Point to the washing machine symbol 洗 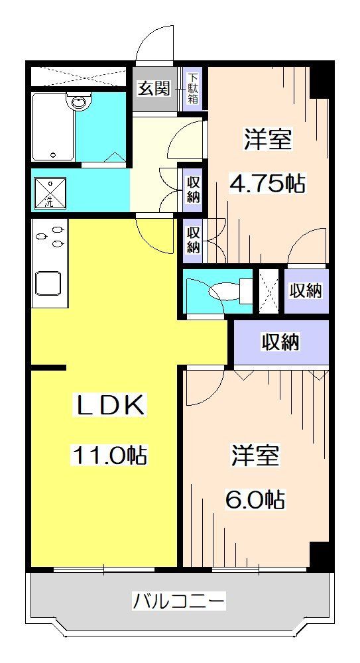coord(48,191)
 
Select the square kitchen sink coord(48,284)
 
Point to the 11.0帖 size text coord(110,455)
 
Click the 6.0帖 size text coord(256,499)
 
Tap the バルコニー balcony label coord(179,602)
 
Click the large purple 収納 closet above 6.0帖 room coord(280,342)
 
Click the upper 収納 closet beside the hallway coord(193,188)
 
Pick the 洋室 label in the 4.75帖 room coord(269,140)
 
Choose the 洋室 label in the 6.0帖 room coord(255,456)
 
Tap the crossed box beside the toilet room coord(268,290)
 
